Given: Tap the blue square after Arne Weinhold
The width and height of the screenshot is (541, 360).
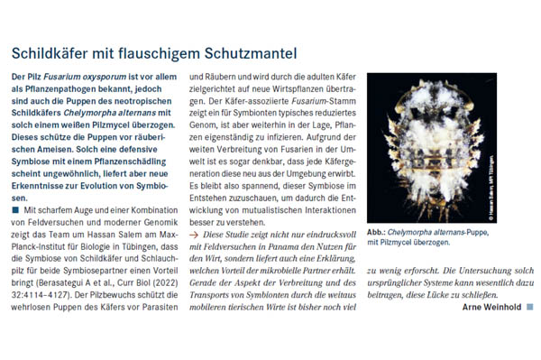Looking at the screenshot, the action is [x=530, y=307].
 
